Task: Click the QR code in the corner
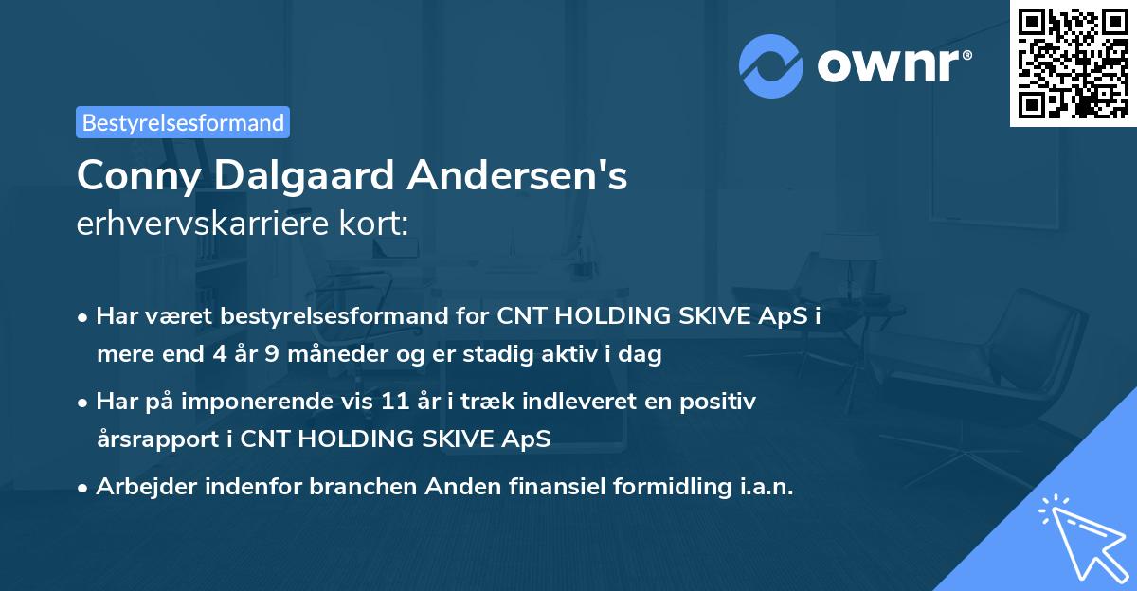(x=1073, y=63)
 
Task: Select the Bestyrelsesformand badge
(x=183, y=122)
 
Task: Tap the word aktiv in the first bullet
(x=574, y=354)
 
